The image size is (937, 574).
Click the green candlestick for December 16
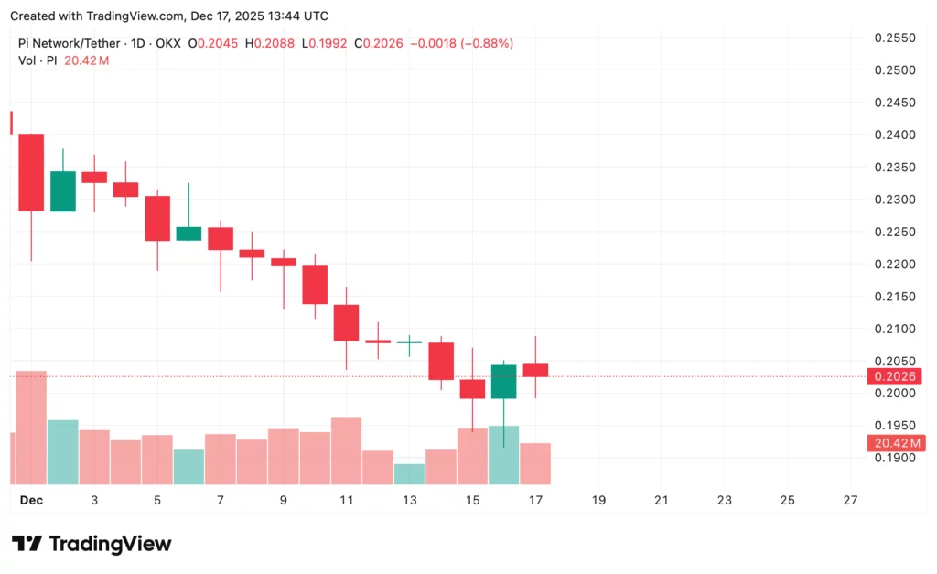tap(504, 381)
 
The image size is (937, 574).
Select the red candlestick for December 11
tap(346, 322)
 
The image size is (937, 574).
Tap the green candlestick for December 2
tap(63, 190)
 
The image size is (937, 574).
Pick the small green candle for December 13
tap(409, 341)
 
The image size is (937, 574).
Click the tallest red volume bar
tap(31, 427)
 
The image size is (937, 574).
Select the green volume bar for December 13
tap(409, 473)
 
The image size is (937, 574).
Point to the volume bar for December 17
tap(535, 463)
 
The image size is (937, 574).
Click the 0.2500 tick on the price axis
tap(895, 70)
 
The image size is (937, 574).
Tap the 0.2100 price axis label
tap(895, 329)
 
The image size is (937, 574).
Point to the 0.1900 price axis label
tap(895, 458)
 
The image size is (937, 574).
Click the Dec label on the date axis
tap(31, 500)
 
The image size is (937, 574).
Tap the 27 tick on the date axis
tap(850, 500)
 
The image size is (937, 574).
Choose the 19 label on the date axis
tap(598, 500)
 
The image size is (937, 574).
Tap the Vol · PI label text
tap(38, 60)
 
